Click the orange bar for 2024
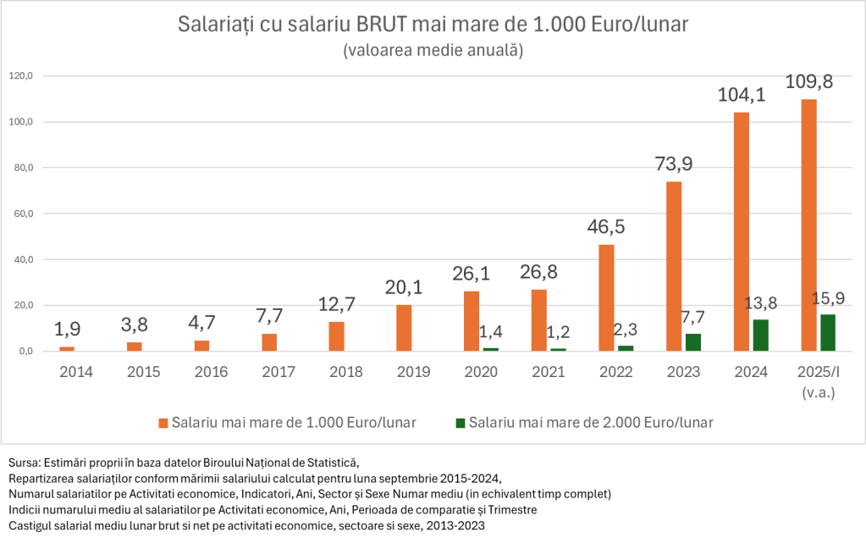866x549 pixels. coord(741,231)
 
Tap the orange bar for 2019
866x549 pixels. coord(404,328)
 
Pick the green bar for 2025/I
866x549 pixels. coord(827,332)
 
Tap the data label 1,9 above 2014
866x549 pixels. coord(67,329)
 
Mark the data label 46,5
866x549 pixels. coord(607,227)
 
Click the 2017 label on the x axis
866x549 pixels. coord(279,372)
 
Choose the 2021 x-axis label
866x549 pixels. coord(548,372)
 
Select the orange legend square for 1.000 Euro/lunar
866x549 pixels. coord(163,422)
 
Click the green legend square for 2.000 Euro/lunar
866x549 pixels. coord(461,422)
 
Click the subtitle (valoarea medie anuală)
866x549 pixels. coord(433,50)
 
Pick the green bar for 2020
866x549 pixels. coord(491,349)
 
